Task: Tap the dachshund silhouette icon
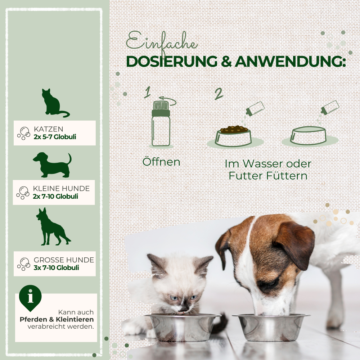click(53, 165)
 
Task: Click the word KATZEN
click(49, 129)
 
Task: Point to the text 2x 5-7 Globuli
click(55, 137)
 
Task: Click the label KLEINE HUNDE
click(61, 189)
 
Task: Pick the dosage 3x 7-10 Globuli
click(56, 267)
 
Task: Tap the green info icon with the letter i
click(30, 297)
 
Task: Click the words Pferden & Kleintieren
click(57, 319)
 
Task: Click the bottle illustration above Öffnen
click(161, 124)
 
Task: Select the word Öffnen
click(161, 162)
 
